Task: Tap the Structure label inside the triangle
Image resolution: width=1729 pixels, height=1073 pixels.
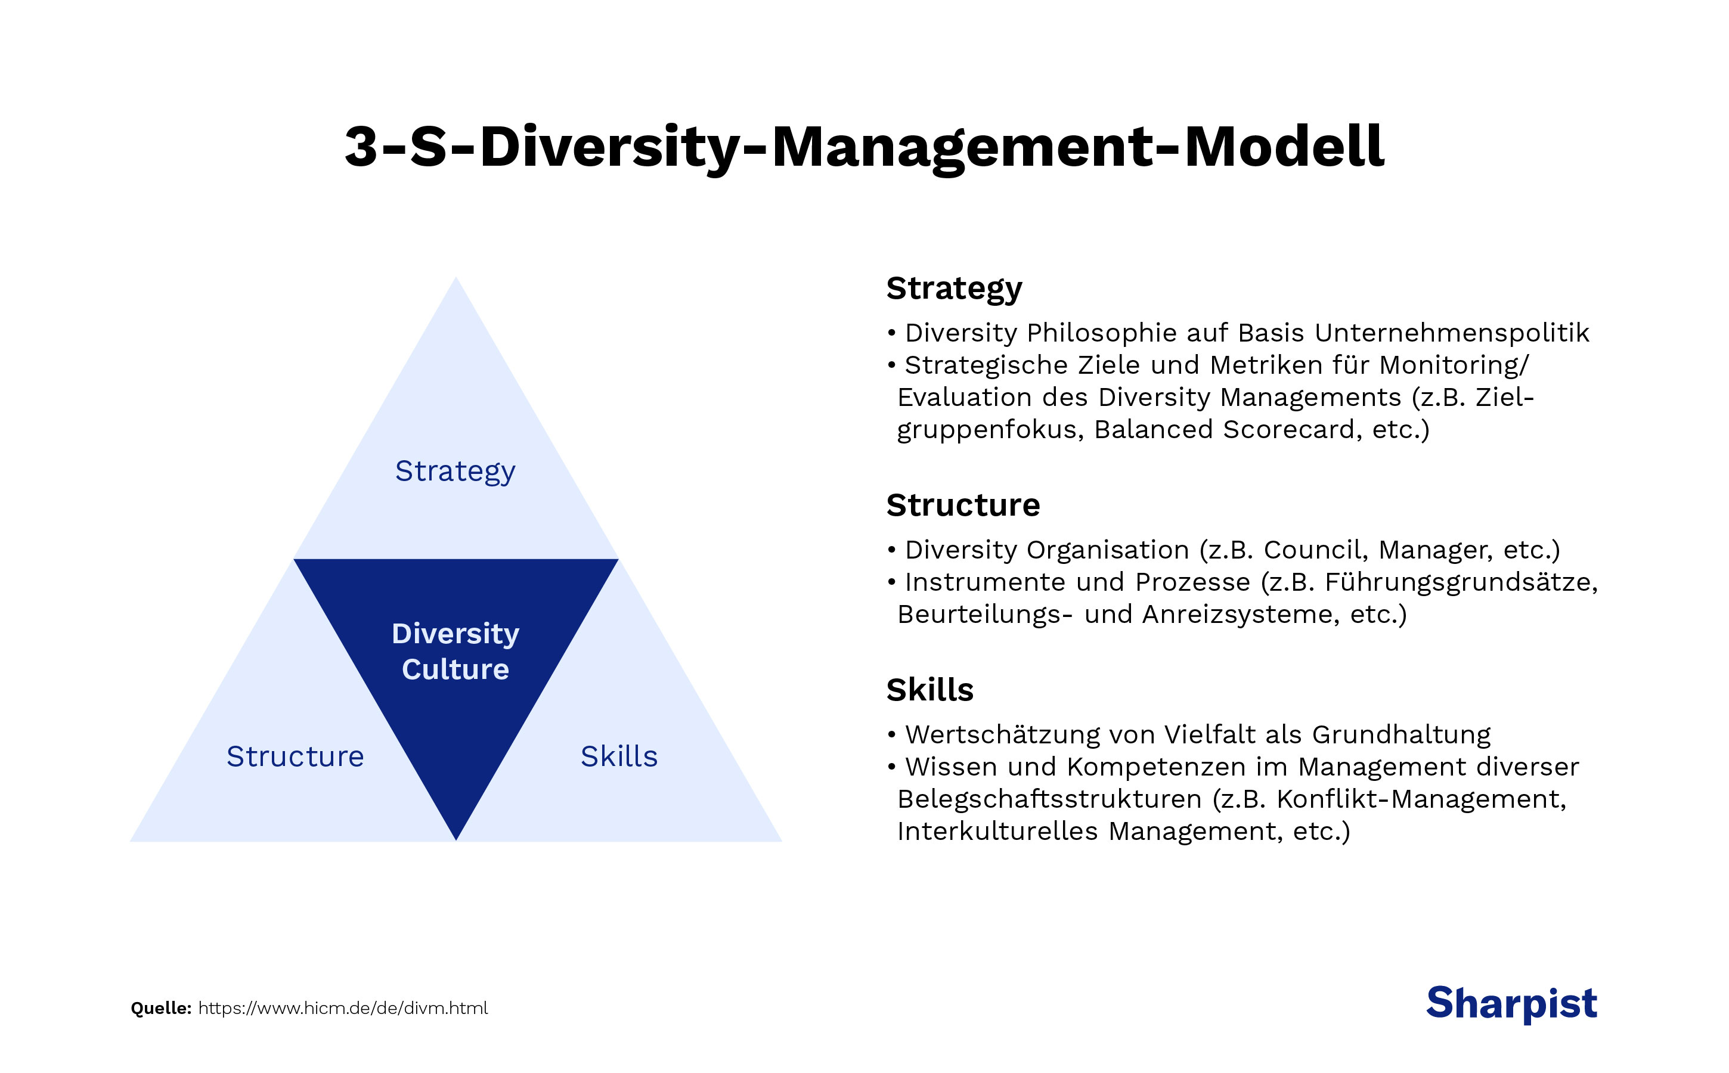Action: [295, 757]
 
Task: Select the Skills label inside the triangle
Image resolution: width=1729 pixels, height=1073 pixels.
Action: [619, 757]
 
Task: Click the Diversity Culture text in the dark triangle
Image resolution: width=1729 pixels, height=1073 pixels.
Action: [455, 652]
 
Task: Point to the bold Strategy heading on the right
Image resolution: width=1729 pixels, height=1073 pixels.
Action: [954, 289]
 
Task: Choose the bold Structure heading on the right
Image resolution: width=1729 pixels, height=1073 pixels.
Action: [962, 506]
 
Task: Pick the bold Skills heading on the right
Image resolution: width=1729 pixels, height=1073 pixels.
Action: [930, 690]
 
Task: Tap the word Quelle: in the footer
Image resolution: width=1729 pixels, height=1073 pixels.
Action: [161, 1009]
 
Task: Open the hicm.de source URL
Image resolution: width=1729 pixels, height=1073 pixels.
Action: [343, 1009]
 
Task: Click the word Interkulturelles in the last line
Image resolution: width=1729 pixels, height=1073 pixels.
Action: [997, 831]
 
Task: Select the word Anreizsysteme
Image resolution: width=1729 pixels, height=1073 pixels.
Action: [1241, 615]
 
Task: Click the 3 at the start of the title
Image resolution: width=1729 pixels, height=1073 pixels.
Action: [361, 148]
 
